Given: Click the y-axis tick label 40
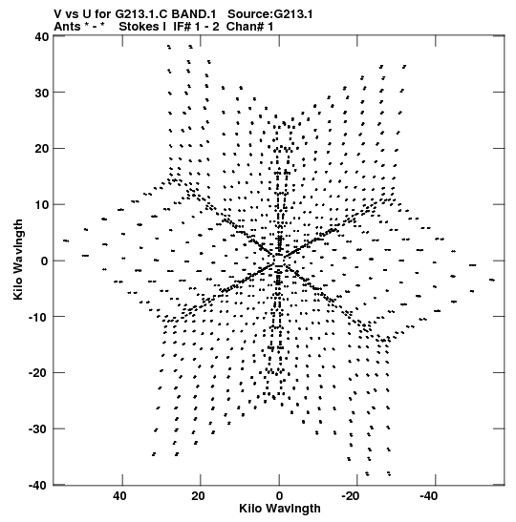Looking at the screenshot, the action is coord(42,36).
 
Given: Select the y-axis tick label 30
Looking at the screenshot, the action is coord(42,93).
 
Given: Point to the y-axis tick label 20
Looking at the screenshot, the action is coord(42,149).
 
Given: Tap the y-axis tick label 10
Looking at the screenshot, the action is coord(42,205).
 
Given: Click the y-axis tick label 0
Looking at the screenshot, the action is coord(45,261).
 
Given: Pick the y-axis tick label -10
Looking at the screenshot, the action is coord(38,317).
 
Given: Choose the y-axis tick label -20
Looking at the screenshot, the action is coord(38,373).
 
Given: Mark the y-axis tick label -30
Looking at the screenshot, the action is coord(38,429).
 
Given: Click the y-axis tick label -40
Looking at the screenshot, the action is coord(38,485).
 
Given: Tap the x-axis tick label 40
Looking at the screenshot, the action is coord(119,496).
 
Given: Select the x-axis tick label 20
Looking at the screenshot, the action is coord(198,496).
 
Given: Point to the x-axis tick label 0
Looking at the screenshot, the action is coord(279,496).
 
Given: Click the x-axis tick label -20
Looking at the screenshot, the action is coord(351,496).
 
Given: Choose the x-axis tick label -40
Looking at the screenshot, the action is coord(429,496).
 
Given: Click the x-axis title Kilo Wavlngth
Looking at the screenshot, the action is coord(280,509).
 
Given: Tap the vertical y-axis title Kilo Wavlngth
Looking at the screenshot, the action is coord(18,260).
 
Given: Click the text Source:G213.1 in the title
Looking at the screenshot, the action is coord(270,14).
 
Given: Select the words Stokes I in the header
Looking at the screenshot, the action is coord(142,27).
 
